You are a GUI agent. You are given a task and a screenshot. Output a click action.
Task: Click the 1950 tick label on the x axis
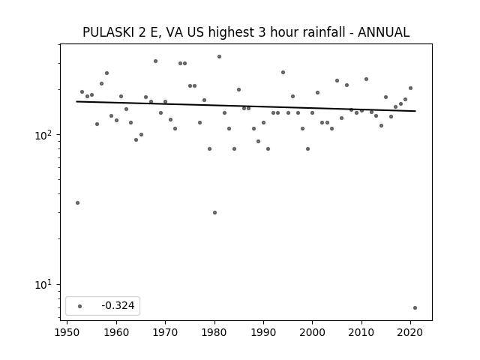(x=67, y=332)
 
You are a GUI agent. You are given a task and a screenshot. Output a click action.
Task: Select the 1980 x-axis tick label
(x=214, y=332)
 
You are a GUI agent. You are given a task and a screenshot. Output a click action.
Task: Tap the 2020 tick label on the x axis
(x=410, y=332)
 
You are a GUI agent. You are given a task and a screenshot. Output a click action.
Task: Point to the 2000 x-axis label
(x=312, y=332)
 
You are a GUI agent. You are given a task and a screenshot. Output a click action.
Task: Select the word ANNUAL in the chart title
(x=383, y=32)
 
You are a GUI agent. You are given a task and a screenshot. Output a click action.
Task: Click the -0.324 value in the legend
(x=118, y=305)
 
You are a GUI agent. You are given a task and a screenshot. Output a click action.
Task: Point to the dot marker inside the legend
(x=80, y=306)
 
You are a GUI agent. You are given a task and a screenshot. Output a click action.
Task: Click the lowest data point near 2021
(x=415, y=307)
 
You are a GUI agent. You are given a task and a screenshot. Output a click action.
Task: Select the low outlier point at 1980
(x=214, y=212)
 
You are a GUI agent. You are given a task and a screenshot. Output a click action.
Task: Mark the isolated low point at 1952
(x=77, y=202)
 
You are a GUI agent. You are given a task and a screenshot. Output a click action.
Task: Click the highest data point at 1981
(x=219, y=57)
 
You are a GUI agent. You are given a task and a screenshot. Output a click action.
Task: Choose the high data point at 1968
(x=155, y=61)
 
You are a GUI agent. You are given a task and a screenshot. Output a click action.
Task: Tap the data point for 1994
(x=283, y=73)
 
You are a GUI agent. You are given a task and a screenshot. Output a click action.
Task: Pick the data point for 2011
(x=366, y=79)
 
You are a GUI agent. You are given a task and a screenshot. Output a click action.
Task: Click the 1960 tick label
(x=116, y=332)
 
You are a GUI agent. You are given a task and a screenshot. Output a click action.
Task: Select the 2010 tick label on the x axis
(x=361, y=332)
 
